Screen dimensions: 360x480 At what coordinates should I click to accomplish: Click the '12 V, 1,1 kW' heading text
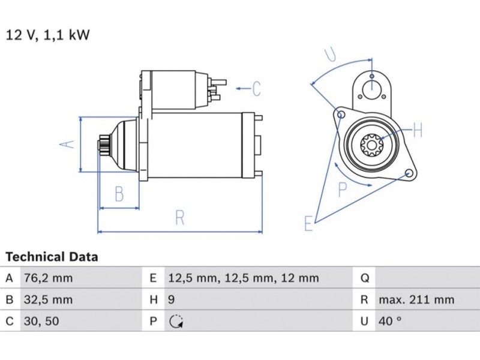pos(47,35)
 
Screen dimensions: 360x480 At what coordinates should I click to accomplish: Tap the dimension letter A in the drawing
pos(69,144)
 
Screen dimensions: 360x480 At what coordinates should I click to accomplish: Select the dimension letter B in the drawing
pos(119,194)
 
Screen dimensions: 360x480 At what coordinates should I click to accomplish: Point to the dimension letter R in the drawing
pos(179,218)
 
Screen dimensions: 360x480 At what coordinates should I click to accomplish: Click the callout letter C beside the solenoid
pos(256,89)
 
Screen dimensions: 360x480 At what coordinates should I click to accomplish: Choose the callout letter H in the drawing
pos(418,130)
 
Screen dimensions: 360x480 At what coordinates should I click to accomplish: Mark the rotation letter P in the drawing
pos(343,190)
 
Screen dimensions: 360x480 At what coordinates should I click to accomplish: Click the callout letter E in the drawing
pos(308,224)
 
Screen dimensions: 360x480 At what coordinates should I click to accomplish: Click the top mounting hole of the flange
pos(372,76)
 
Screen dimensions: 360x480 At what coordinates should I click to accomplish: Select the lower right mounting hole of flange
pos(410,173)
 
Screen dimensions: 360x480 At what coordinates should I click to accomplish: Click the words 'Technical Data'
pos(52,257)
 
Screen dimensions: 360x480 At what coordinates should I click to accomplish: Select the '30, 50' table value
pos(40,321)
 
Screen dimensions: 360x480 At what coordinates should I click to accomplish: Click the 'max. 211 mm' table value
pos(416,300)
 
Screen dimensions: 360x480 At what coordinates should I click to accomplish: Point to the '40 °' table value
pos(389,321)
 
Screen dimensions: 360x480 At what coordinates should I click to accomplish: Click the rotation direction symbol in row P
pos(176,322)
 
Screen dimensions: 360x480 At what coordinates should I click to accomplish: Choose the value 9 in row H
pos(171,300)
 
